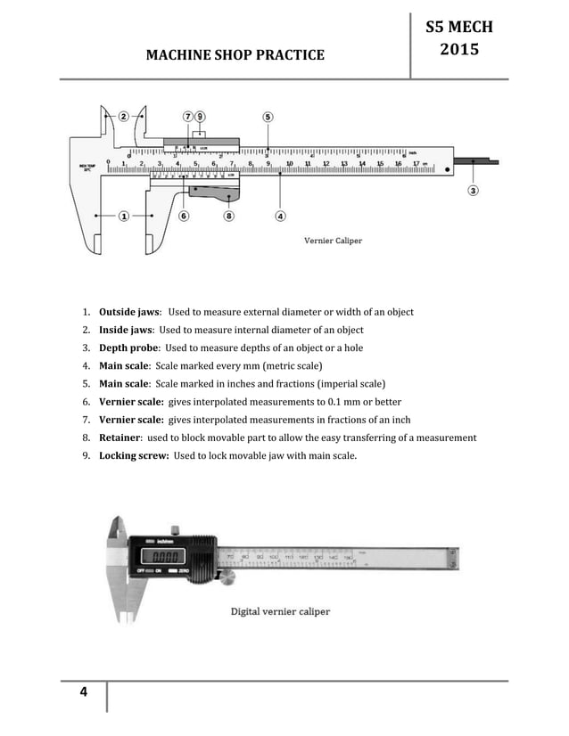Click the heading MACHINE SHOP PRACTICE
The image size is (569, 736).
235,55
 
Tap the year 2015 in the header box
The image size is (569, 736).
460,50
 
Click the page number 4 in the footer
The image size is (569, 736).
84,695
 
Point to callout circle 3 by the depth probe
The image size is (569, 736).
472,190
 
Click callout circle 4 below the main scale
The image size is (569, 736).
280,216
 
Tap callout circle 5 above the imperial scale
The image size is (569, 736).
268,116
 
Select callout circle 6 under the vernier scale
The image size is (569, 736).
184,216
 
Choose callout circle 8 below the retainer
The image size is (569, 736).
229,216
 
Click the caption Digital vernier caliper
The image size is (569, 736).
280,611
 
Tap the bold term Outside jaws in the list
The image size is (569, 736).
129,312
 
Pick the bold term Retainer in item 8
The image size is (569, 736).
120,438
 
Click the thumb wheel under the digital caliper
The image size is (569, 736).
228,580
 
